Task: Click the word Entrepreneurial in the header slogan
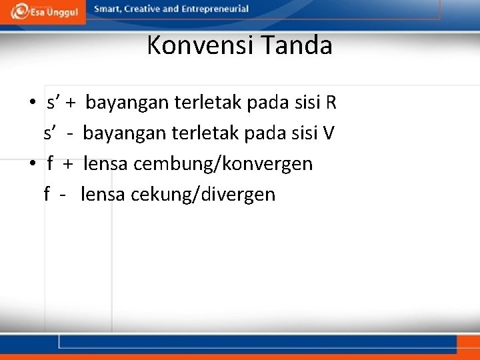(x=214, y=9)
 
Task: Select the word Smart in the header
(x=109, y=9)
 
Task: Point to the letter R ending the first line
(x=331, y=103)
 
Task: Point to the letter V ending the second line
(x=329, y=133)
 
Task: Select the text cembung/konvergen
(x=223, y=164)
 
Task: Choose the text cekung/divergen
(x=203, y=195)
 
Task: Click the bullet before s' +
(x=32, y=103)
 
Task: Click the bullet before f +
(x=32, y=164)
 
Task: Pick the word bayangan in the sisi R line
(x=127, y=103)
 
